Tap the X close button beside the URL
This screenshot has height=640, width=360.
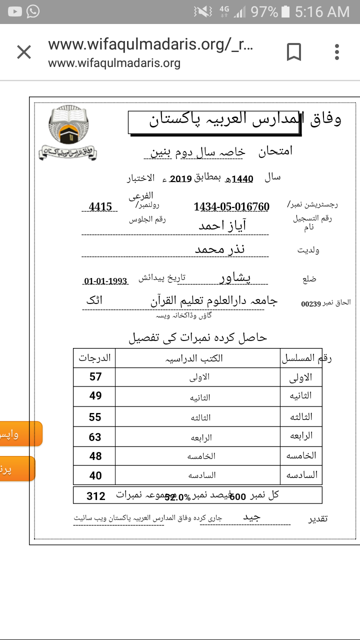(24, 52)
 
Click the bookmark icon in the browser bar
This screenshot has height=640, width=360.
(293, 52)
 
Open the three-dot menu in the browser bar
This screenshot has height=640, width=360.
(337, 52)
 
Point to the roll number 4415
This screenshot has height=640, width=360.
(100, 207)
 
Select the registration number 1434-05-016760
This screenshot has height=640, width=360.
(231, 207)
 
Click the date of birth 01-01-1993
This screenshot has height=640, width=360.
(105, 281)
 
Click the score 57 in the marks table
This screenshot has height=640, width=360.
(95, 376)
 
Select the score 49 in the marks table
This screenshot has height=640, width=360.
(95, 396)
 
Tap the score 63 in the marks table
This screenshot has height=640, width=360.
(95, 437)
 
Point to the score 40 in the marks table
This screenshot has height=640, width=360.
(95, 475)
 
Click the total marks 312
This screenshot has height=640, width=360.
(96, 496)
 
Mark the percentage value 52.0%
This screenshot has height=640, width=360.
(177, 497)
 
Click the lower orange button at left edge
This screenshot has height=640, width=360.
(17, 469)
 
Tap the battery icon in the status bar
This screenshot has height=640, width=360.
(285, 11)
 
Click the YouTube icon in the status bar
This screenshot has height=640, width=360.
(15, 11)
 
